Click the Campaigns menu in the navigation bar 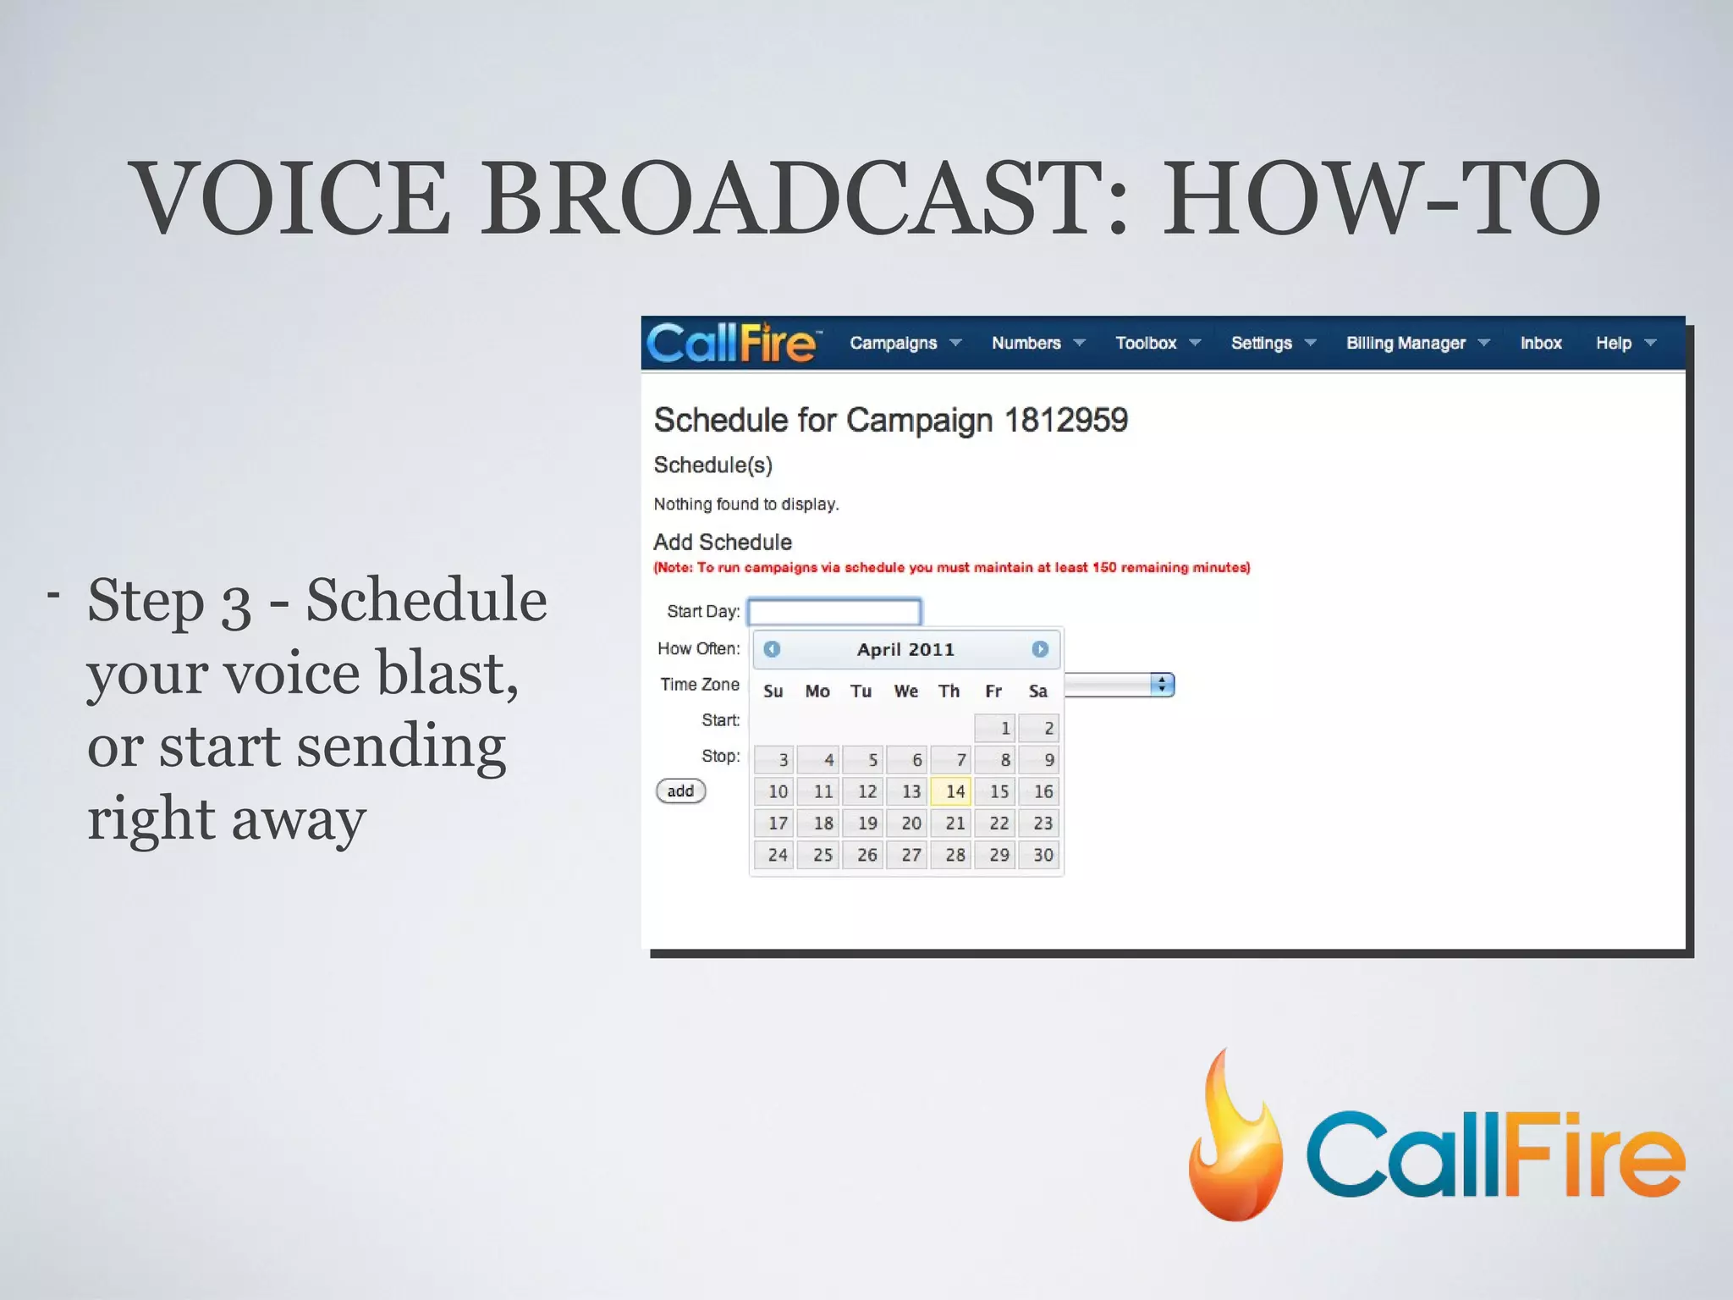(904, 343)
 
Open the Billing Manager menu (1416, 343)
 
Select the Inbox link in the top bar (1540, 343)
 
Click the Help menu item (1623, 343)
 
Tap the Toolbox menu (1156, 343)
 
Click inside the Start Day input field (833, 611)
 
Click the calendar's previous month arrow (772, 649)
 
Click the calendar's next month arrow (1040, 649)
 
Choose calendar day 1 (996, 728)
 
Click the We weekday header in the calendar (905, 691)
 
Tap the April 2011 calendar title (905, 649)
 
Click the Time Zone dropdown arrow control (1162, 685)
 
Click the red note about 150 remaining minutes (951, 567)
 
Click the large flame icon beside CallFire (1235, 1138)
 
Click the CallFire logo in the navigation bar (733, 343)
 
